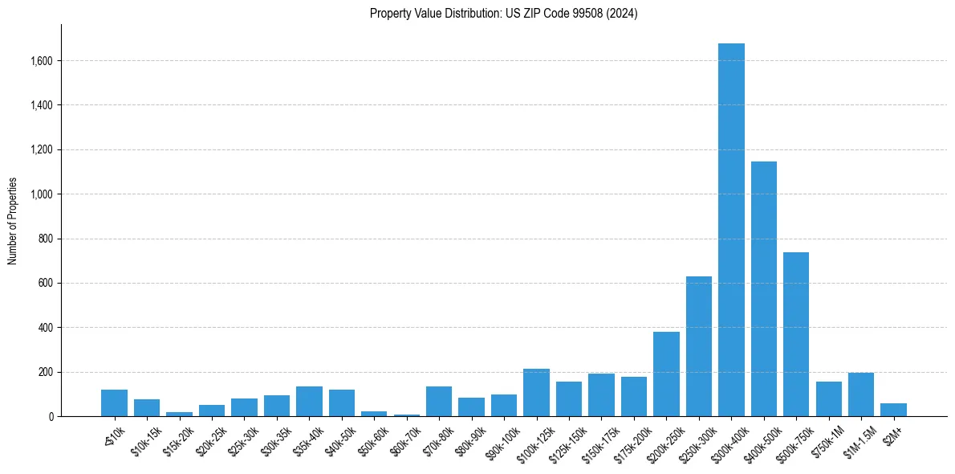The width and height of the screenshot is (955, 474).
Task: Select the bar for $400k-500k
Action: click(x=763, y=289)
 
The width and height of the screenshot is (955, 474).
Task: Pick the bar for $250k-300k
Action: click(x=698, y=346)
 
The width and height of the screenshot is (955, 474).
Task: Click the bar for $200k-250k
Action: click(x=666, y=374)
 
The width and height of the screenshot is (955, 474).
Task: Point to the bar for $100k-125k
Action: click(x=536, y=393)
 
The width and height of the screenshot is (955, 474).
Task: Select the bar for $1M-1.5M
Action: click(x=861, y=394)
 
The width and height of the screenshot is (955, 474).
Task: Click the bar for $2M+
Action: click(x=893, y=410)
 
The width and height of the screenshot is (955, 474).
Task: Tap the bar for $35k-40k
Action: click(x=309, y=402)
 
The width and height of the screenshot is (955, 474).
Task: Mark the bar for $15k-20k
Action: click(x=179, y=414)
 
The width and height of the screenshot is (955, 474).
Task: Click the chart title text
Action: click(x=503, y=14)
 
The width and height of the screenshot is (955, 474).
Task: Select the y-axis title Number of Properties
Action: click(x=13, y=221)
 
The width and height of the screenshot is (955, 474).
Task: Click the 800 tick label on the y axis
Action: click(x=47, y=239)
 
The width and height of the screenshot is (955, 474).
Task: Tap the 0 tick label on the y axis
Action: click(x=51, y=417)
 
